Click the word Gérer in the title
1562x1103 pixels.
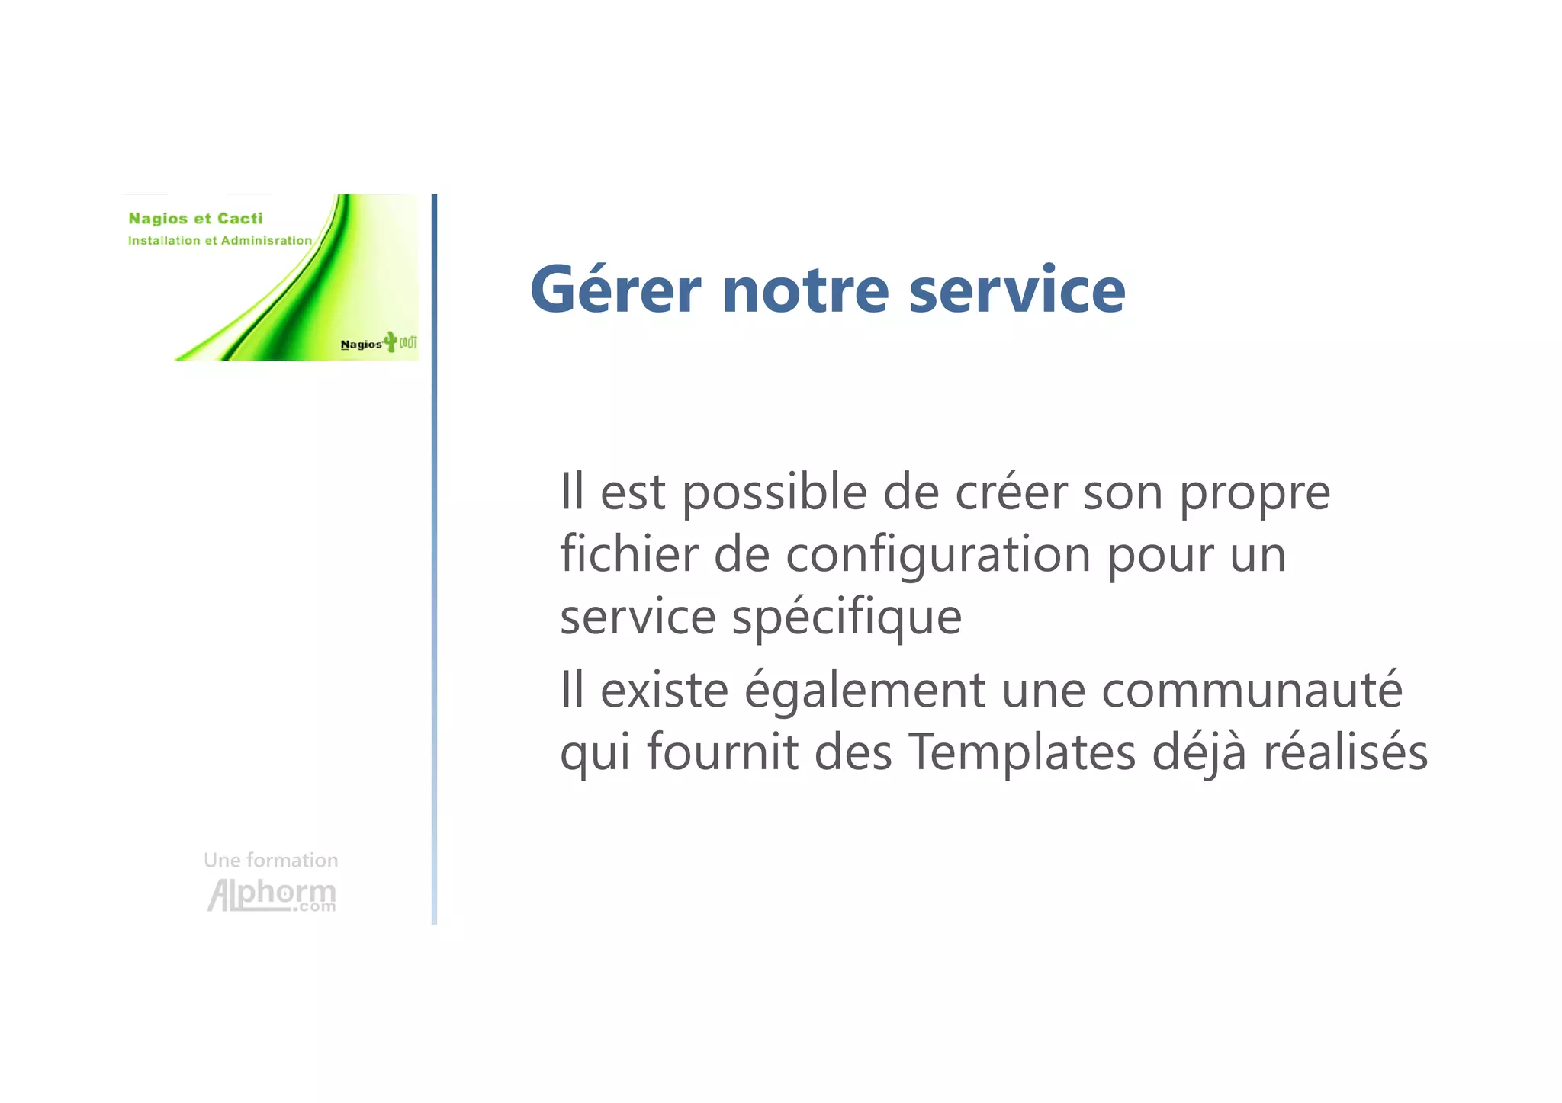point(615,290)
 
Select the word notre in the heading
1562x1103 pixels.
point(805,291)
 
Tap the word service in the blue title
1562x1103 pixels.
point(1017,290)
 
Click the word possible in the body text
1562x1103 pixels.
point(773,492)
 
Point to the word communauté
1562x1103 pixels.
point(1252,690)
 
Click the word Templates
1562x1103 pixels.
point(1022,754)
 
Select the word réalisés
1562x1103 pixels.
point(1345,752)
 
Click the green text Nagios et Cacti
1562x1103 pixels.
point(195,219)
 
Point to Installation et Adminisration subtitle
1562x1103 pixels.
point(220,241)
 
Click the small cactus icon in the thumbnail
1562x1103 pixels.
point(390,341)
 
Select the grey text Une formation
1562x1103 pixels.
point(271,861)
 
